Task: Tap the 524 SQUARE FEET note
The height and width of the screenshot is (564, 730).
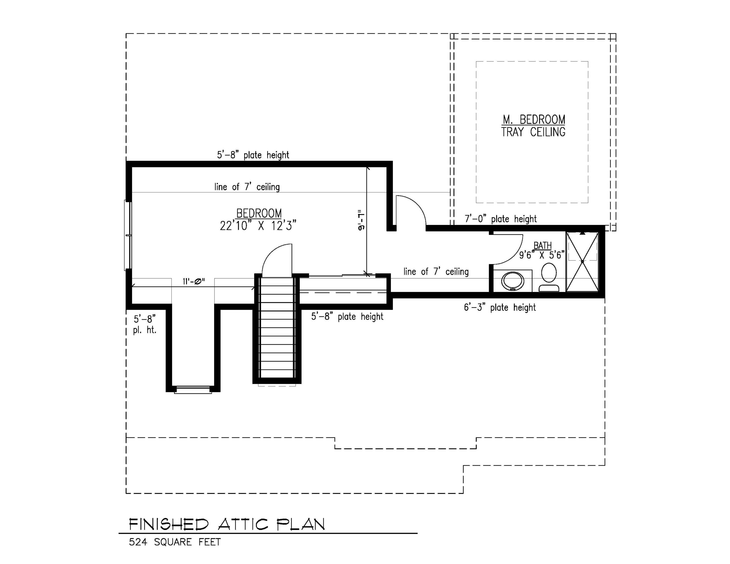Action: pos(175,542)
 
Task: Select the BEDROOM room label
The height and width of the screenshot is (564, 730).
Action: pos(259,213)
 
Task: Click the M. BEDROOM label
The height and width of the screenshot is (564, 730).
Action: pos(534,119)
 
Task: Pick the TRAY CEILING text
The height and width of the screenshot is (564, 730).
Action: pos(533,132)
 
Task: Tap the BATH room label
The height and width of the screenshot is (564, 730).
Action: pos(542,246)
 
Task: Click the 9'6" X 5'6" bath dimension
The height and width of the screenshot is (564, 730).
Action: pos(542,255)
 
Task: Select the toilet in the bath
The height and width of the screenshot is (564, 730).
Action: pos(549,277)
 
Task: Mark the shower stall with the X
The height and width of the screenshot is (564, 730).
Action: pos(582,262)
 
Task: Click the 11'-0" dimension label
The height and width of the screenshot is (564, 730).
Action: pos(194,281)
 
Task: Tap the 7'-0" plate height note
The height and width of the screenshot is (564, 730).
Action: pos(501,219)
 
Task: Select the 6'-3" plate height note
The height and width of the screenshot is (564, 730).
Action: pos(500,307)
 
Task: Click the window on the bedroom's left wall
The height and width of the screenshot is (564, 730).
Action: pos(128,235)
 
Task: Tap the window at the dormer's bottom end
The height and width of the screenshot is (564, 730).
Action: pos(193,390)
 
